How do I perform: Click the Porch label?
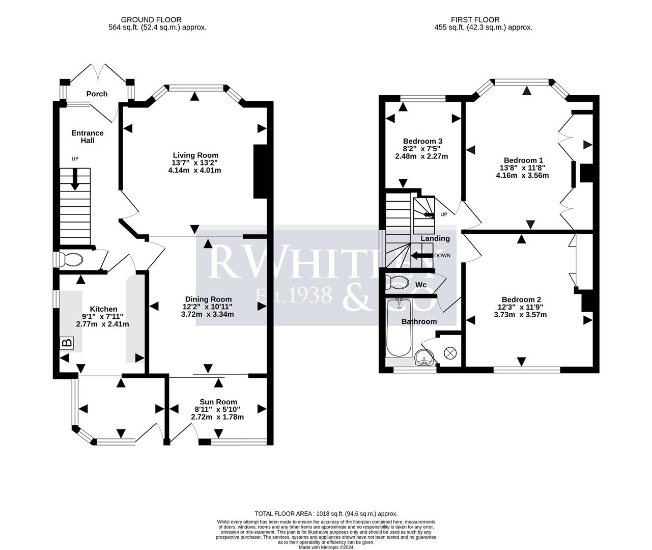click(x=97, y=94)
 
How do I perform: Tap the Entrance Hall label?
click(x=88, y=136)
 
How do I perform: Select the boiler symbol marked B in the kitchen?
click(x=67, y=343)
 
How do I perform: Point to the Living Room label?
click(x=195, y=155)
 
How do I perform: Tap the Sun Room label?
click(x=218, y=402)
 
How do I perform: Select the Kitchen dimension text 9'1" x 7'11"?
click(x=103, y=316)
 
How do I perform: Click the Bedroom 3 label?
click(x=422, y=141)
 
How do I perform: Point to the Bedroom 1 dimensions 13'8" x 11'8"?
click(x=523, y=168)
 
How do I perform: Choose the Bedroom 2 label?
click(x=521, y=299)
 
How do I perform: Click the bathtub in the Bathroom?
click(x=399, y=328)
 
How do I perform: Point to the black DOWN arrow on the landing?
click(x=421, y=255)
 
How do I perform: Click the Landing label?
click(x=435, y=238)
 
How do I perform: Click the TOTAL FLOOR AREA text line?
click(x=326, y=514)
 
